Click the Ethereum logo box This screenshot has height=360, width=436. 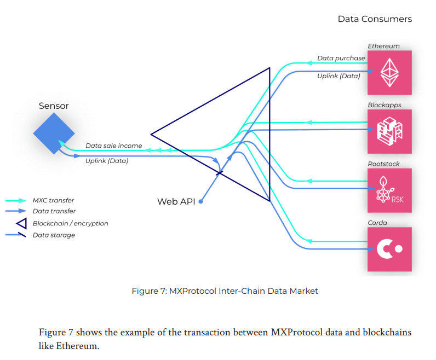click(x=389, y=73)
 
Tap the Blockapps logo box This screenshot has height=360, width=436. click(x=389, y=131)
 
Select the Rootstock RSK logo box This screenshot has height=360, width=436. click(x=389, y=190)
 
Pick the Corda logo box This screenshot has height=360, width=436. click(x=389, y=249)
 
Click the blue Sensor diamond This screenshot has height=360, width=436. click(x=54, y=133)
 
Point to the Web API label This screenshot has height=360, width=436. click(x=176, y=201)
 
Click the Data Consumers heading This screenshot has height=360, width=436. click(x=375, y=19)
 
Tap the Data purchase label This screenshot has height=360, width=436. click(x=341, y=58)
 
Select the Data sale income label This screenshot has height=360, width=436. click(x=113, y=146)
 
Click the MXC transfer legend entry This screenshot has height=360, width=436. click(x=53, y=200)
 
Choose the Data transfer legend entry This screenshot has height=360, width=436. click(x=54, y=211)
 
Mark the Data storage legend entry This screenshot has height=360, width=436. click(x=54, y=235)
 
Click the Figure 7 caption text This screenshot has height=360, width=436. click(x=225, y=291)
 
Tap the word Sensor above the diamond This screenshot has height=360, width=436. click(x=54, y=106)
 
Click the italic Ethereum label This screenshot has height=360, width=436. click(x=383, y=46)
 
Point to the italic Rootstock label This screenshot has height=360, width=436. click(x=383, y=164)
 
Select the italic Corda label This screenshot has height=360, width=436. click(x=377, y=223)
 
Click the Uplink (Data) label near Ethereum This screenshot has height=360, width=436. click(x=339, y=76)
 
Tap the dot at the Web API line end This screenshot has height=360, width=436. click(x=201, y=202)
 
